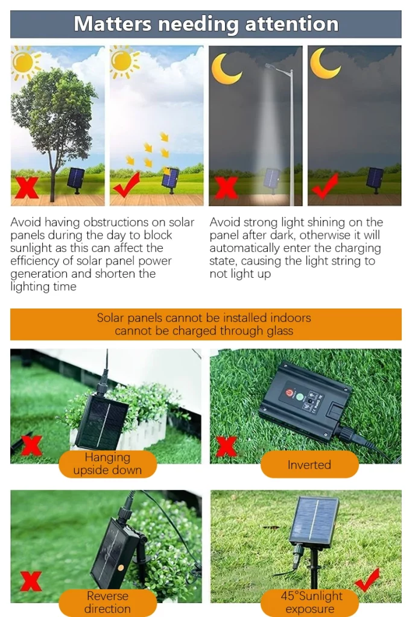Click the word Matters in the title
(112, 23)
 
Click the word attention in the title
(292, 23)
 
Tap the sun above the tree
(24, 62)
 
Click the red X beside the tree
(27, 187)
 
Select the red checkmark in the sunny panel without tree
(127, 184)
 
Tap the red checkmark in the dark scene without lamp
(325, 186)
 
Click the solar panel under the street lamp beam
(272, 180)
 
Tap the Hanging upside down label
(107, 463)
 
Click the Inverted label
(309, 465)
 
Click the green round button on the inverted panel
(300, 397)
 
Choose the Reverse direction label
(107, 602)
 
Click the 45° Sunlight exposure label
(310, 602)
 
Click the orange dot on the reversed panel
(121, 568)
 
